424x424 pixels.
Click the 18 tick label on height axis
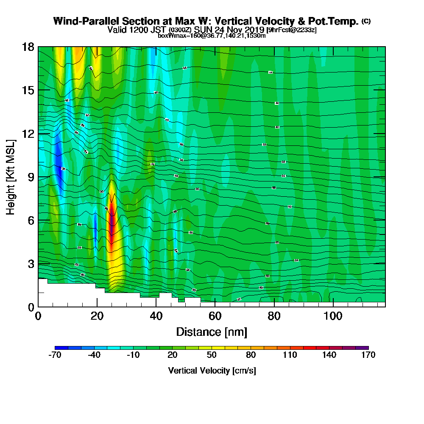pyautogui.click(x=28, y=47)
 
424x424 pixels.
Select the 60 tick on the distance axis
pyautogui.click(x=215, y=307)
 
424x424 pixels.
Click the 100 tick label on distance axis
pyautogui.click(x=333, y=316)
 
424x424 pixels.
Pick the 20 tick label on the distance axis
pyautogui.click(x=97, y=316)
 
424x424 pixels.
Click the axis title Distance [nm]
pyautogui.click(x=212, y=332)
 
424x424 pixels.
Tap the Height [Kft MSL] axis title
pyautogui.click(x=11, y=176)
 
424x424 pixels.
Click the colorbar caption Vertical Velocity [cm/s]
pyautogui.click(x=212, y=371)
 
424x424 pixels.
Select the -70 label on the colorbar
pyautogui.click(x=55, y=355)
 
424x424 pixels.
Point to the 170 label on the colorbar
pyautogui.click(x=368, y=355)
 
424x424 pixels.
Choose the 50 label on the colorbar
pyautogui.click(x=212, y=355)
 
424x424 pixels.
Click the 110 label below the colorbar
pyautogui.click(x=290, y=355)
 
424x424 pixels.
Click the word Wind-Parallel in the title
pyautogui.click(x=81, y=21)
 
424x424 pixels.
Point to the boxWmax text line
pyautogui.click(x=212, y=36)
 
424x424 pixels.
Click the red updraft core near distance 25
pyautogui.click(x=112, y=225)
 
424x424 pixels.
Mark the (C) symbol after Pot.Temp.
pyautogui.click(x=366, y=21)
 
